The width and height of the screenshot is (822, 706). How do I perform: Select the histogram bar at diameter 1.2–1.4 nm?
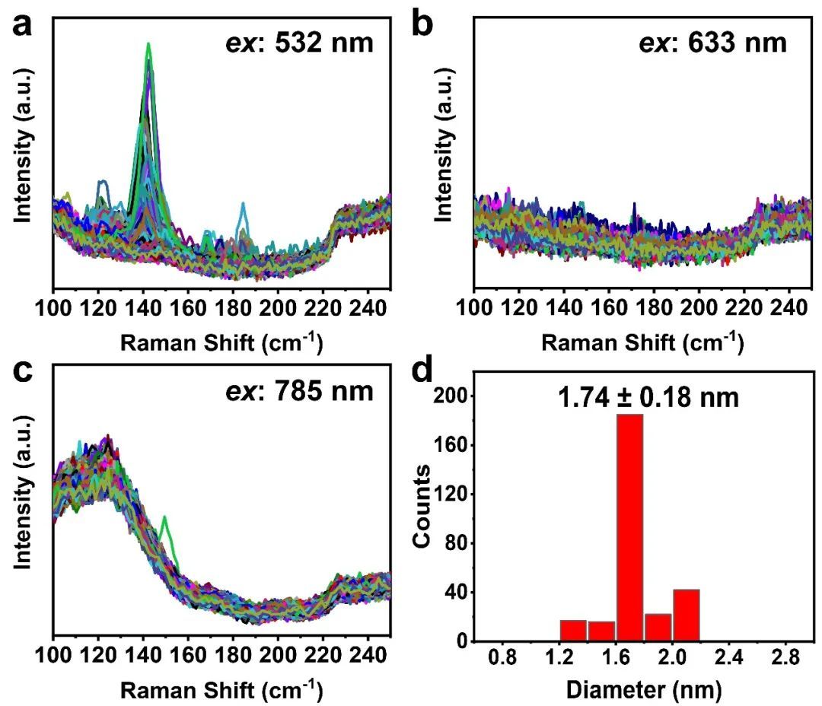click(573, 631)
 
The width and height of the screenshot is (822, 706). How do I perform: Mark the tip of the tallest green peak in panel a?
click(149, 43)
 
